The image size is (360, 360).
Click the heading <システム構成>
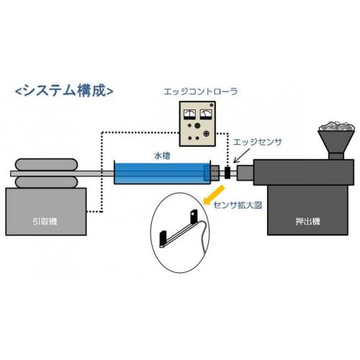(x=64, y=91)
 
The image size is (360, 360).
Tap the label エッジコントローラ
(x=201, y=91)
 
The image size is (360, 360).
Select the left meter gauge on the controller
(x=189, y=114)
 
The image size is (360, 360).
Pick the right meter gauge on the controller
(x=206, y=114)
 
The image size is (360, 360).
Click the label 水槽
(x=162, y=156)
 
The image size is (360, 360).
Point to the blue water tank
(x=162, y=173)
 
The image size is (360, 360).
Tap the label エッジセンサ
(x=258, y=142)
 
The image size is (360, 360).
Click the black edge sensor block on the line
(x=228, y=173)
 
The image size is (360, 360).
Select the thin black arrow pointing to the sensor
(x=242, y=156)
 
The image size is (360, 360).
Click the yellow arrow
(x=214, y=194)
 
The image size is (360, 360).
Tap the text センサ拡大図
(x=238, y=205)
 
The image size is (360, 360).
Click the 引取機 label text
(x=45, y=221)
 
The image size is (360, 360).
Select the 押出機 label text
(x=307, y=221)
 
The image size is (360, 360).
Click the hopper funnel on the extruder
(x=336, y=142)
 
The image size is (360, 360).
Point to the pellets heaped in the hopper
(x=336, y=126)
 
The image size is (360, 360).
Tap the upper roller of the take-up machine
(x=46, y=165)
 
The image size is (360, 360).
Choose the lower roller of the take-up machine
(x=46, y=182)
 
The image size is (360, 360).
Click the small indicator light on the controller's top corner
(x=212, y=105)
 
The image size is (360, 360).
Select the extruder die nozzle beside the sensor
(x=245, y=173)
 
